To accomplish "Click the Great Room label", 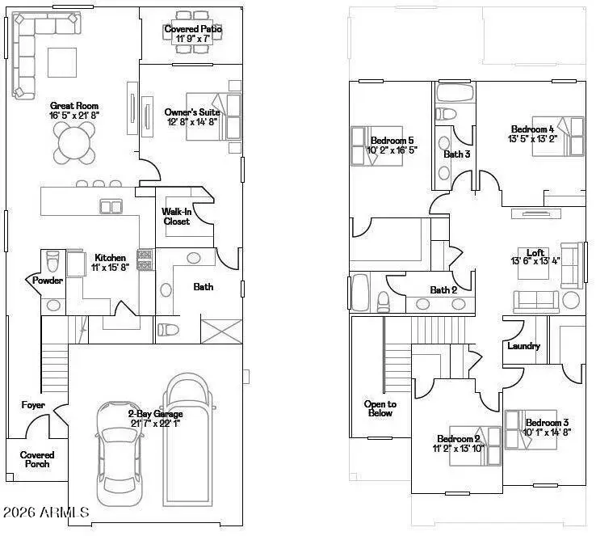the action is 74,106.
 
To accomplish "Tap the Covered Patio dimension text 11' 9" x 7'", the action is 193,39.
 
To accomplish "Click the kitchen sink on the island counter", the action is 111,207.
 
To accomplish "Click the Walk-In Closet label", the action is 176,217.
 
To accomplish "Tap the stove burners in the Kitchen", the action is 145,260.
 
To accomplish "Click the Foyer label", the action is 33,405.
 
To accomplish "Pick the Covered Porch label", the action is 37,459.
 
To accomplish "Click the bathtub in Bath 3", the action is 455,93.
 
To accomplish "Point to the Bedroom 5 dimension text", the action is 392,150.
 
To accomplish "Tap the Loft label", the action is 535,252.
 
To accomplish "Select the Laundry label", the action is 524,346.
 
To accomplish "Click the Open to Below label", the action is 380,408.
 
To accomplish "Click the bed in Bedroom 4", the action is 558,136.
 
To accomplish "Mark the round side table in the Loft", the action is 571,300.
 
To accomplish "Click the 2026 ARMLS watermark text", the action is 46,513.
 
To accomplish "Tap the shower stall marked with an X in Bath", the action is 221,331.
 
